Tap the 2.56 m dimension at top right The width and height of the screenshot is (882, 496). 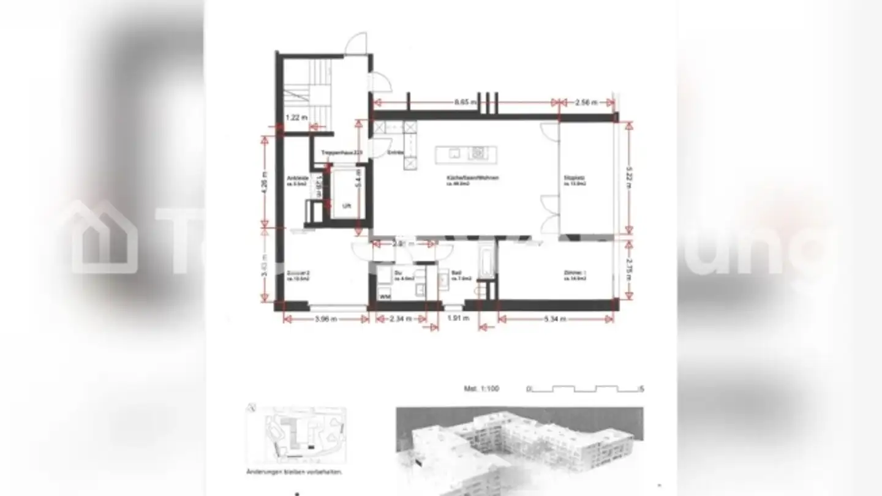(586, 103)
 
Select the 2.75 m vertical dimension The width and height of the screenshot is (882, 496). (628, 268)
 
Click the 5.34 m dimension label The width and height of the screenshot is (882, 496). (556, 318)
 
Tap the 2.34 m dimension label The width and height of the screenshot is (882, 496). (401, 318)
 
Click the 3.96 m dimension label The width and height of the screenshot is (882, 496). (326, 318)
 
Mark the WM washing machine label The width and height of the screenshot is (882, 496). (385, 296)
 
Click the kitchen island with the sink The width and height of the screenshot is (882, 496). (466, 154)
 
